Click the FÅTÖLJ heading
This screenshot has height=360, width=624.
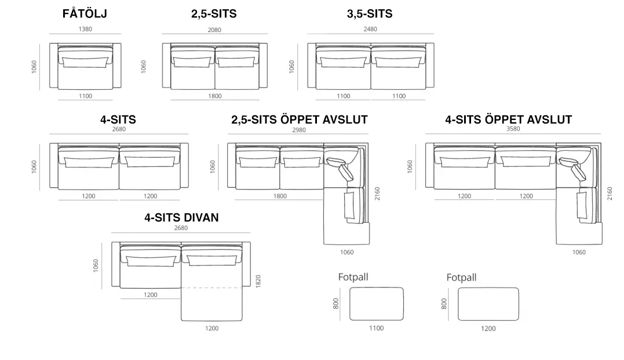point(85,13)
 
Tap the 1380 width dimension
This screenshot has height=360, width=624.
point(85,29)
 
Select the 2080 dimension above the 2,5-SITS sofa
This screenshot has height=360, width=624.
point(214,30)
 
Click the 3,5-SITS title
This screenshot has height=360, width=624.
point(370,14)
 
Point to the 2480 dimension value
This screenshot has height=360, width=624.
point(370,29)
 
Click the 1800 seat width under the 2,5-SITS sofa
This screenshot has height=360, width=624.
point(215,96)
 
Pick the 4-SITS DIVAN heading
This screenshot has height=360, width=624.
point(181,217)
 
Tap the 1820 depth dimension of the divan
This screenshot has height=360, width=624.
point(258,282)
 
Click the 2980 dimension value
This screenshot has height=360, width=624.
point(299,130)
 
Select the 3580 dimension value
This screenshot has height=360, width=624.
point(513,129)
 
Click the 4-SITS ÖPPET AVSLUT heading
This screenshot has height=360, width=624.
point(509,119)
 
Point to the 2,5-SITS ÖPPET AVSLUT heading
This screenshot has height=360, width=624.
point(300,119)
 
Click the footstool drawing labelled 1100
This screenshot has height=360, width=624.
point(377,304)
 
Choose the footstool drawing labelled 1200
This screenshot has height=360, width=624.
point(488,304)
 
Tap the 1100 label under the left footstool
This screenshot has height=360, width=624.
point(377,328)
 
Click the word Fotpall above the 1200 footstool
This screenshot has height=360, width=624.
point(461,277)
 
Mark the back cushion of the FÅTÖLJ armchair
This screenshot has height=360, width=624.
point(85,61)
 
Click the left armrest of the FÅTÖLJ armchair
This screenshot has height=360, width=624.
point(54,66)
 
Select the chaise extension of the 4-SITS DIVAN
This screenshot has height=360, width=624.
point(211,304)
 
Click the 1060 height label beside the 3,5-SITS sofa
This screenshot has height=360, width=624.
point(291,67)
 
